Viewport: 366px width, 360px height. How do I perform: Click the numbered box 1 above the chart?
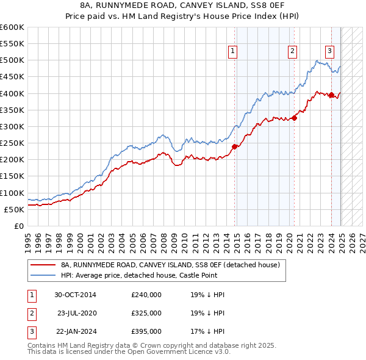pos(234,51)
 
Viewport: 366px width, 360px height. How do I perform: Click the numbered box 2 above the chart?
pos(293,51)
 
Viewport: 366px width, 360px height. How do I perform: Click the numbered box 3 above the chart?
pos(329,51)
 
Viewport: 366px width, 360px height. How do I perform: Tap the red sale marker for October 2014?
pos(234,146)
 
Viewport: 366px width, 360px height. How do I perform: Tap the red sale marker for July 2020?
pos(294,118)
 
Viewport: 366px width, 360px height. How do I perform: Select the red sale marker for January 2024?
pos(331,95)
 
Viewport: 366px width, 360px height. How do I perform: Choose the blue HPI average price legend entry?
pos(152,276)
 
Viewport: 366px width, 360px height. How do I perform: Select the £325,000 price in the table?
pos(146,313)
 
